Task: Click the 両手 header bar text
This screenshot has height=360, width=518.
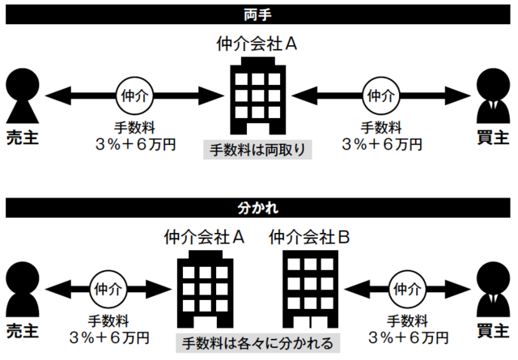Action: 259,13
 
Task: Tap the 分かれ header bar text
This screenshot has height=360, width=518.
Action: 259,208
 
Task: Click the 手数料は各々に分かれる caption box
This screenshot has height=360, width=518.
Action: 258,342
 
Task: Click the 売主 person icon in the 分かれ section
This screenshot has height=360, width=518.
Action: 21,288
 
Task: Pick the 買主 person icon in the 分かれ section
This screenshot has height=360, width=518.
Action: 495,287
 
